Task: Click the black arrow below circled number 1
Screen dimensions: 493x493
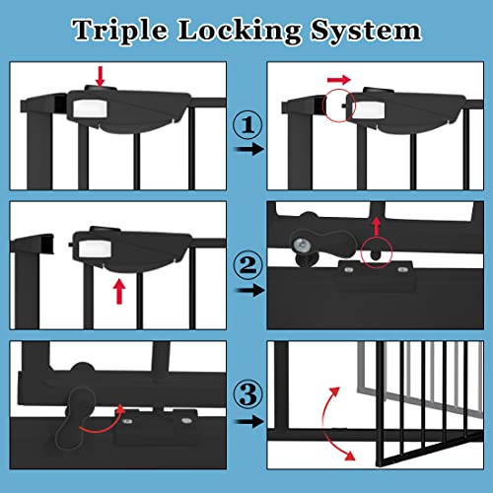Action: tap(246, 149)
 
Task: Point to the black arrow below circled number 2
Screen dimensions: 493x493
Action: tap(246, 291)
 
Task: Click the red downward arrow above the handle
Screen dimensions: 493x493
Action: tap(99, 76)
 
